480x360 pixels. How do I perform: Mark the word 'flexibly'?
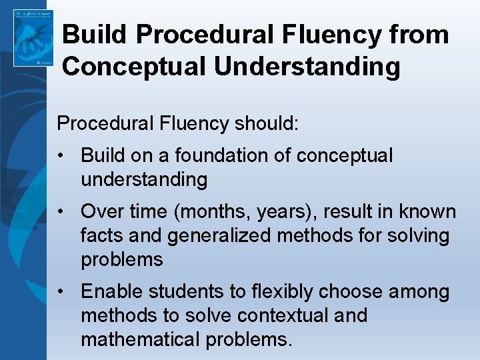281,292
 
